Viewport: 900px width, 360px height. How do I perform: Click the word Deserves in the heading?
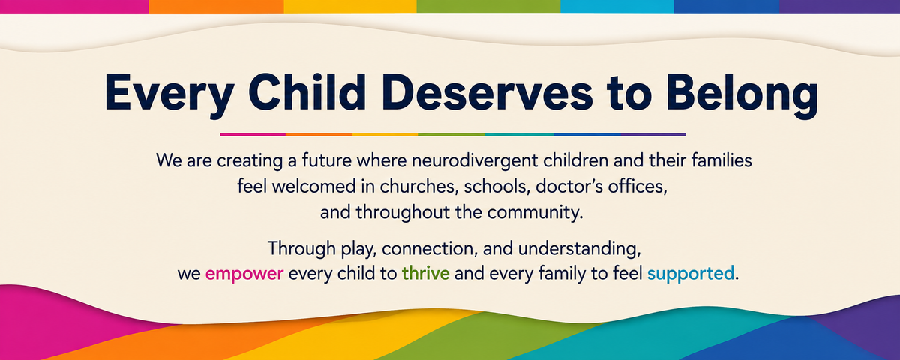pyautogui.click(x=487, y=92)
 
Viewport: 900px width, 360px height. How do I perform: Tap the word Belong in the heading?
pyautogui.click(x=742, y=96)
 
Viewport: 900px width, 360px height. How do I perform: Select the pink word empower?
pyautogui.click(x=244, y=274)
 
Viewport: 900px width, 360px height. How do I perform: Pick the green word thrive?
pyautogui.click(x=425, y=273)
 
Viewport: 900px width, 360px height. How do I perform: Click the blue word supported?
pyautogui.click(x=691, y=274)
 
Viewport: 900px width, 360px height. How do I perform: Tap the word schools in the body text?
pyautogui.click(x=495, y=187)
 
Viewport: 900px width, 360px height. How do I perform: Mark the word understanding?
pyautogui.click(x=579, y=249)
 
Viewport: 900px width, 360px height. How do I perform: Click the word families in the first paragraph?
pyautogui.click(x=721, y=160)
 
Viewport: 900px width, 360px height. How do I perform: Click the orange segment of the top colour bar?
pyautogui.click(x=216, y=7)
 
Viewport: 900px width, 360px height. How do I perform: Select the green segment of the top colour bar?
pyautogui.click(x=488, y=7)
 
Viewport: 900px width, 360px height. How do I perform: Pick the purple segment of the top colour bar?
pyautogui.click(x=840, y=7)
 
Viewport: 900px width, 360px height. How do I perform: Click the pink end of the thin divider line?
pyautogui.click(x=220, y=135)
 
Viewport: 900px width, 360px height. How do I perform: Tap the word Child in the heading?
pyautogui.click(x=307, y=92)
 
